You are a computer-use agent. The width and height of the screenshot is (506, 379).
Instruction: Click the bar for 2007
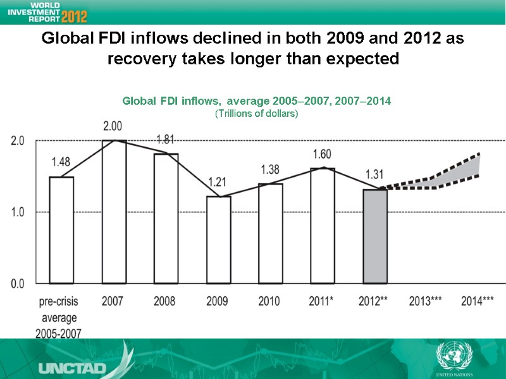click(114, 212)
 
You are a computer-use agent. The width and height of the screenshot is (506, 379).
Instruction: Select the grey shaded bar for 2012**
click(375, 236)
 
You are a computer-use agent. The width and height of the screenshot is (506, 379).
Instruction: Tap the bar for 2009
click(219, 240)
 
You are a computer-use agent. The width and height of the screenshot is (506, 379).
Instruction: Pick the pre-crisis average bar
click(61, 230)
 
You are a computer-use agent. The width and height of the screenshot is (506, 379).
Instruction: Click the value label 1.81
click(166, 139)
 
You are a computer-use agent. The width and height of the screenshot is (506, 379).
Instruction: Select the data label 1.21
click(218, 182)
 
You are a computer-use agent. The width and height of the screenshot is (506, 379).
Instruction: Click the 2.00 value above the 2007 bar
click(114, 126)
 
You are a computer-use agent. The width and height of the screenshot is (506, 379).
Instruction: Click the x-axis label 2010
click(270, 301)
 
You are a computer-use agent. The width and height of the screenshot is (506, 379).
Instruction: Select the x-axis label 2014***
click(478, 301)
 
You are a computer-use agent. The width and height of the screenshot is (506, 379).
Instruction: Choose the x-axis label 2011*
click(323, 301)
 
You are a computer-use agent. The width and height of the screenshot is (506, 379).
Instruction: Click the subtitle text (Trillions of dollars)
click(256, 114)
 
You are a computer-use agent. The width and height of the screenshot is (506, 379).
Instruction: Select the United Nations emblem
click(454, 356)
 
